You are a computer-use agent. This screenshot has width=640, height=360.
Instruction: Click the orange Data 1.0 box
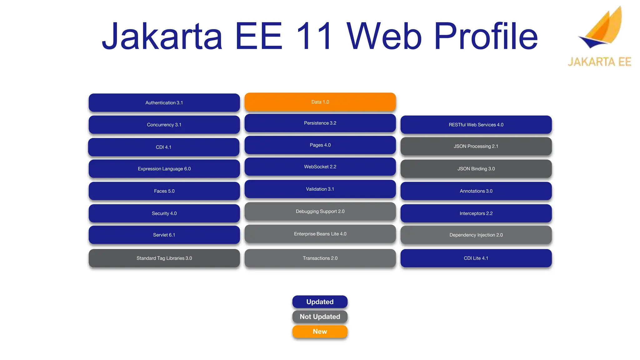320,102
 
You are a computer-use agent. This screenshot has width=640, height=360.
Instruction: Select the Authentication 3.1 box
164,102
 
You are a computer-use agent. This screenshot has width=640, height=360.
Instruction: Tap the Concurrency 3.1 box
164,125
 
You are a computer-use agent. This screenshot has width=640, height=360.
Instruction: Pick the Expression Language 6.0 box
164,169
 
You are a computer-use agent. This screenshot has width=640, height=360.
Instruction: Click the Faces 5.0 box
164,191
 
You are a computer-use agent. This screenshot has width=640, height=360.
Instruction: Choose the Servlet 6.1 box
164,235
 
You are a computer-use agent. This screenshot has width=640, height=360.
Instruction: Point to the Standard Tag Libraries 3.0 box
164,258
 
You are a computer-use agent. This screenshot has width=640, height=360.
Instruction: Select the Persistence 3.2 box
320,123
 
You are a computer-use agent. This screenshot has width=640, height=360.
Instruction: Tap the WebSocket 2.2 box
320,167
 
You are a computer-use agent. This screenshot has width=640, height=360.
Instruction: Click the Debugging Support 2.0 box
320,212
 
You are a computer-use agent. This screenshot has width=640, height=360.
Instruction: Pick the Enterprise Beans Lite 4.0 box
320,234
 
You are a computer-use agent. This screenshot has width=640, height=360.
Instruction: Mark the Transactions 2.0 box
320,258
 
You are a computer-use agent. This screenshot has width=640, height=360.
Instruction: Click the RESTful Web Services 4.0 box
476,125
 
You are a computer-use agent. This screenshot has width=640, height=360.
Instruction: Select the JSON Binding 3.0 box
476,169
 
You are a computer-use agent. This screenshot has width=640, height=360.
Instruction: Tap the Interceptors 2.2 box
476,213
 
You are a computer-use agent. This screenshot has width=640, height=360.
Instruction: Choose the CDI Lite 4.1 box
476,258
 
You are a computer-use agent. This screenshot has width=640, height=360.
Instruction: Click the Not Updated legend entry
320,317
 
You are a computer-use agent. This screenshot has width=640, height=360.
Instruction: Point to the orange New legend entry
320,332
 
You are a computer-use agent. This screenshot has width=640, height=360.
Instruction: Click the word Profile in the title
486,36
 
